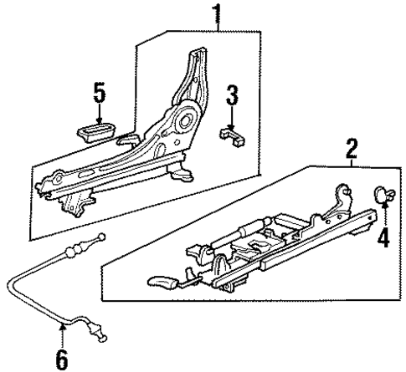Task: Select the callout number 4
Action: pos(384,237)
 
